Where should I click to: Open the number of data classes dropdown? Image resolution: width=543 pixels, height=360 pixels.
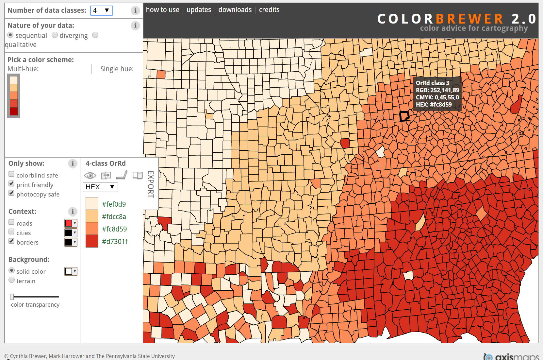pos(101,10)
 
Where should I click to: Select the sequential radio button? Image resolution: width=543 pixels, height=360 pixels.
pos(11,35)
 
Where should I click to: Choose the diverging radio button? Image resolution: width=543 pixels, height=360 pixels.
pos(55,35)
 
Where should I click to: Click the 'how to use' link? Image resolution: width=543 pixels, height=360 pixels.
pos(162,10)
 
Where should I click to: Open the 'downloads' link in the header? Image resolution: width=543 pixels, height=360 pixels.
pos(235,10)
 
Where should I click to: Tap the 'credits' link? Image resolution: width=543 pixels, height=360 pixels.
pos(269,10)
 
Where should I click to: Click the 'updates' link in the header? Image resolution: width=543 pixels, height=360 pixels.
pos(199,10)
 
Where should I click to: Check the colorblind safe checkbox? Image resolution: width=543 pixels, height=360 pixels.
pos(11,174)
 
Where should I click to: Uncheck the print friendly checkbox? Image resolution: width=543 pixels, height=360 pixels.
pos(11,184)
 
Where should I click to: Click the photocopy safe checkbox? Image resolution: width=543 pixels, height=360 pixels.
pos(11,193)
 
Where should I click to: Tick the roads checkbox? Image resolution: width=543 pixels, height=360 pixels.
pos(11,222)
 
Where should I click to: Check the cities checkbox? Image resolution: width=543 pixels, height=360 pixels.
pos(11,232)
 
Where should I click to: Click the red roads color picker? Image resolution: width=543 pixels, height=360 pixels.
pos(71,223)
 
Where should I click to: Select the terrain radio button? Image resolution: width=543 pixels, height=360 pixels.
pos(12,280)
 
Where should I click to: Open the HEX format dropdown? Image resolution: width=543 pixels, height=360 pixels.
pos(100,187)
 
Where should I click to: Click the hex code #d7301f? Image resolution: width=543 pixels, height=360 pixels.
pos(115,242)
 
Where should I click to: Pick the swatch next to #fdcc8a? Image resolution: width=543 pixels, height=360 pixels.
pos(92,216)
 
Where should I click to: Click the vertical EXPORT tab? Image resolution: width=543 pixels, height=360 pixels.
pos(151,184)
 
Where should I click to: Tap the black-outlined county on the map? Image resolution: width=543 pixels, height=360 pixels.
pos(404,116)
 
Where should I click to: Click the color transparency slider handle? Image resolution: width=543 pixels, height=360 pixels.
pos(12,297)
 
